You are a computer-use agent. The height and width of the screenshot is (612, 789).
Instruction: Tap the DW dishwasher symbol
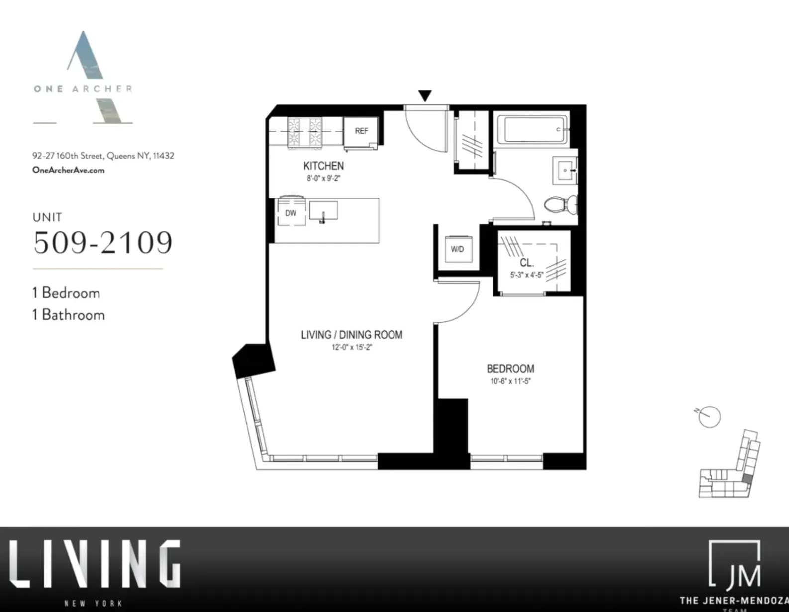(291, 213)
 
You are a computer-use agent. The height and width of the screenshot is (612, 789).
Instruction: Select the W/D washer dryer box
(457, 249)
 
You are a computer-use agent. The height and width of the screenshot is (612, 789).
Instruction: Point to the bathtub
(536, 129)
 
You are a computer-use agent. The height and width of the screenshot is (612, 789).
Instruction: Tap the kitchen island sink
(323, 211)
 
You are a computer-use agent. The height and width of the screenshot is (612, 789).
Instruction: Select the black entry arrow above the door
(424, 95)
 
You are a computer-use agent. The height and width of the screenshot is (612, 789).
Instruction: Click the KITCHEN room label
(323, 166)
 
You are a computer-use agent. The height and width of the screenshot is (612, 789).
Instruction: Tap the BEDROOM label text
(510, 369)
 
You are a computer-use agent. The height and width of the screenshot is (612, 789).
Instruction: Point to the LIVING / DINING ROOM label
(352, 335)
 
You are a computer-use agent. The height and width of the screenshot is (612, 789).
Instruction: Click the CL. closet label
(526, 263)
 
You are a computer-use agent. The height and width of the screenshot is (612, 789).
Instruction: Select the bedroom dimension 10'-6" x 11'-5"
(510, 382)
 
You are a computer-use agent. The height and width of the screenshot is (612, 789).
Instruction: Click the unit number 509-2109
(103, 242)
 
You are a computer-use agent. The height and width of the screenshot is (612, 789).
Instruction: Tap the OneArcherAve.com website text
(69, 170)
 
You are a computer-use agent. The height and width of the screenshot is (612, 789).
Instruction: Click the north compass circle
(710, 417)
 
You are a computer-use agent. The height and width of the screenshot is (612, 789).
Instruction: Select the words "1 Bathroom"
(69, 315)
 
